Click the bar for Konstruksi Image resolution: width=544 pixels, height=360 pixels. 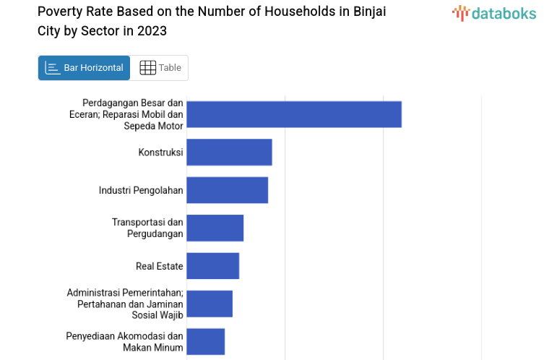(229, 153)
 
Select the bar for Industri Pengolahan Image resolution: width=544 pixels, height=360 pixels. (227, 190)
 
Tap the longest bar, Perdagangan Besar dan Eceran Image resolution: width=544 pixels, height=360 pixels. (293, 114)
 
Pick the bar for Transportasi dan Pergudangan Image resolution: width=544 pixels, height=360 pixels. (215, 228)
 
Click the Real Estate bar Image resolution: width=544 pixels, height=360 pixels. (212, 266)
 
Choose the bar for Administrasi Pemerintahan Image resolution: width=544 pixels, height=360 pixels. (210, 304)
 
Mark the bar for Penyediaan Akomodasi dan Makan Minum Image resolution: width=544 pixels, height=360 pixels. (205, 341)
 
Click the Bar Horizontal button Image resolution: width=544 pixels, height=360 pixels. (84, 68)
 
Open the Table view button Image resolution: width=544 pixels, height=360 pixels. (160, 68)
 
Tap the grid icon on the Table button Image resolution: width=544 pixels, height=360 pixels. (147, 68)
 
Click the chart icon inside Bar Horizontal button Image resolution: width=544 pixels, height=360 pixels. (52, 68)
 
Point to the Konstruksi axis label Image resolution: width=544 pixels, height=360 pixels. (160, 153)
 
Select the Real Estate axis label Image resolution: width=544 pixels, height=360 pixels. (159, 266)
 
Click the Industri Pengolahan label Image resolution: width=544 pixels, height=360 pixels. (141, 190)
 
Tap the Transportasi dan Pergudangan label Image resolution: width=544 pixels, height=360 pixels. (147, 228)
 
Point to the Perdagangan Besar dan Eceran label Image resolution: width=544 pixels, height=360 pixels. (132, 114)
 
